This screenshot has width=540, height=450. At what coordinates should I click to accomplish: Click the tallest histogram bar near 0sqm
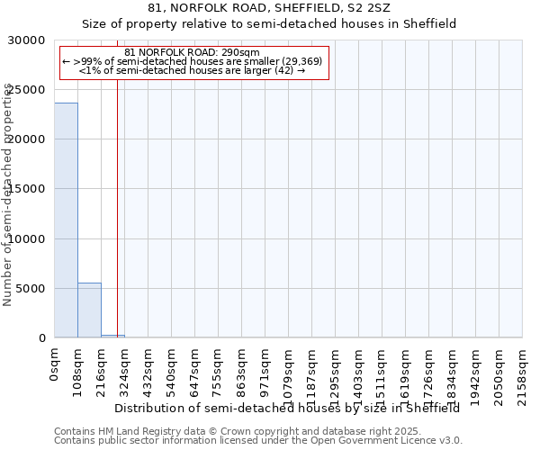coord(66,220)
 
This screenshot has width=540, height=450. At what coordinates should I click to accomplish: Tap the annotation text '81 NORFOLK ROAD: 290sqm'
coord(192,52)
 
